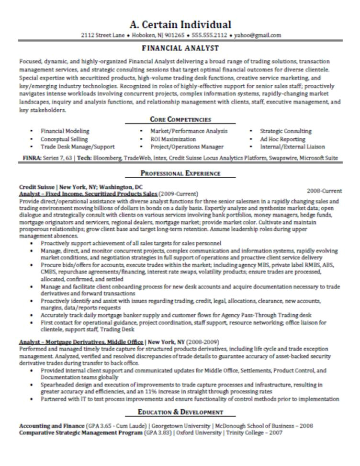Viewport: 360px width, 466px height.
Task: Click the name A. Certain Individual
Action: (180, 24)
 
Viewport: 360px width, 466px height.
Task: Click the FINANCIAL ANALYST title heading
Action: (180, 48)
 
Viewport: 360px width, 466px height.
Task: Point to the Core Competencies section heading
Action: (180, 120)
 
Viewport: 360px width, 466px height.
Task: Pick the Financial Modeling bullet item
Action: (65, 131)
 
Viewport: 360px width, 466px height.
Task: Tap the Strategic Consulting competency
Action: (285, 131)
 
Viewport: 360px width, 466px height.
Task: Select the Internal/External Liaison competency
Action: (292, 147)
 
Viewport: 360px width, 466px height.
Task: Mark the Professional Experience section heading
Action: (180, 173)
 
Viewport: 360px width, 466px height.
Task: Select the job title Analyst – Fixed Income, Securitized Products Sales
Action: (88, 194)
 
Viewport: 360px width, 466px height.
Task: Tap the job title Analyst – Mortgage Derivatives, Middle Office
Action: (81, 342)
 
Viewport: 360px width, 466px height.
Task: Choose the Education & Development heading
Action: (180, 412)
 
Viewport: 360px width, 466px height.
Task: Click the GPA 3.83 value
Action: (157, 432)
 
